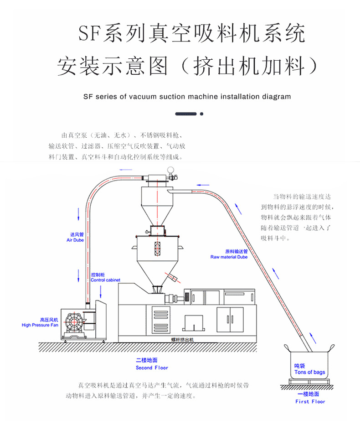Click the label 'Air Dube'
[75, 240]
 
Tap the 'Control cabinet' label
[104, 280]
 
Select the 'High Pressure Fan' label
[40, 325]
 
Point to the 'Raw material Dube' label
[229, 257]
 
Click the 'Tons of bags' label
[309, 372]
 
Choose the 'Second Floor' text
[152, 368]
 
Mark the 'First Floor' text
[310, 402]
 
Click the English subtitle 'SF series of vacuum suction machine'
[187, 97]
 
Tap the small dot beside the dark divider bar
[202, 114]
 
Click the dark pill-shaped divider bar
[186, 114]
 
